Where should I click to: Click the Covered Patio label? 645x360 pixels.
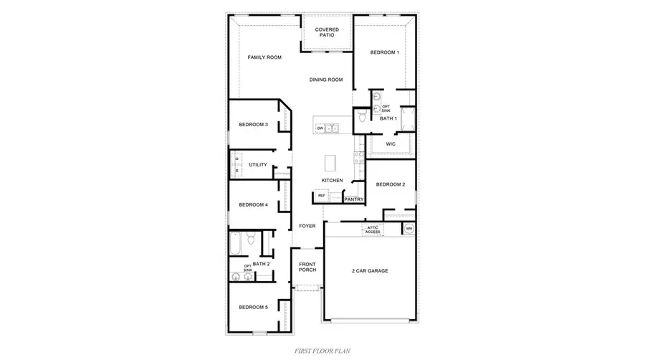click(x=327, y=33)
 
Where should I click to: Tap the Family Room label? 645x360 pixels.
click(x=264, y=57)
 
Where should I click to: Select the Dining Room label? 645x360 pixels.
click(x=326, y=80)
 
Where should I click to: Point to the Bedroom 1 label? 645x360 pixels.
click(x=385, y=52)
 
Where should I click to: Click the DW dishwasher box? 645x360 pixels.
click(x=320, y=128)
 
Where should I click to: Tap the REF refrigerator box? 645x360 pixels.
click(x=321, y=195)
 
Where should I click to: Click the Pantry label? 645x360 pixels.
click(x=354, y=199)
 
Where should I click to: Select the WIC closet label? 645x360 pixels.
click(x=391, y=144)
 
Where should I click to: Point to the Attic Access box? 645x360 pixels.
click(x=373, y=229)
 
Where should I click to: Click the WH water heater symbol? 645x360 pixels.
click(x=409, y=229)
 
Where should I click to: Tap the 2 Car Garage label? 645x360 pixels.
click(x=370, y=271)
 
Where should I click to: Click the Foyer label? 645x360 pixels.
click(x=307, y=226)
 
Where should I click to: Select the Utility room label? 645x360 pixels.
click(x=258, y=165)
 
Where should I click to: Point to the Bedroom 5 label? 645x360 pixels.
click(x=253, y=307)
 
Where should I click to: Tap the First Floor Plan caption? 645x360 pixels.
click(x=322, y=351)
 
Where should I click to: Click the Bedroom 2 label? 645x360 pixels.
click(x=391, y=184)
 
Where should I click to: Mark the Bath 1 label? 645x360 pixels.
click(x=388, y=118)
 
